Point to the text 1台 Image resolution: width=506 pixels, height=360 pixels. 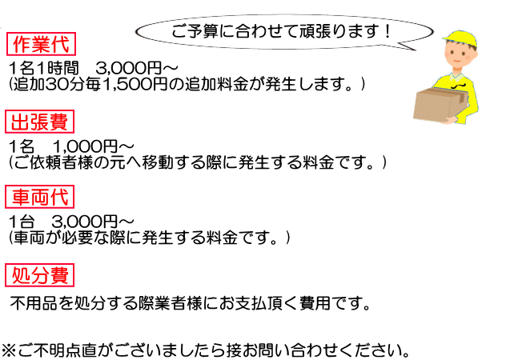(x=26, y=221)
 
